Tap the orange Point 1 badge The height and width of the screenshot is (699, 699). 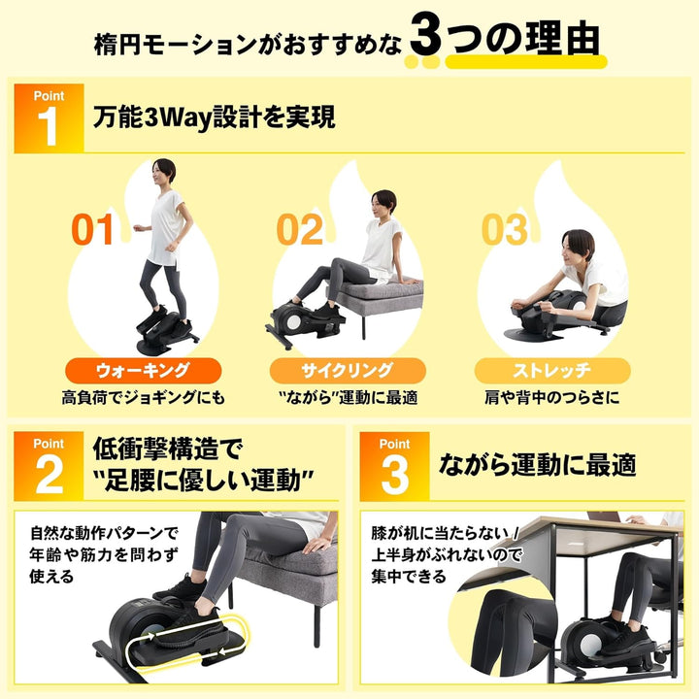pyautogui.click(x=49, y=117)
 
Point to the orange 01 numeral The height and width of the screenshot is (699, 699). pyautogui.click(x=94, y=230)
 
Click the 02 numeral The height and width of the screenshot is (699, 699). pyautogui.click(x=299, y=230)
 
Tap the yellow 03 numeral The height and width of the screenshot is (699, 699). pyautogui.click(x=505, y=230)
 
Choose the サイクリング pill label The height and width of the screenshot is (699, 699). pyautogui.click(x=349, y=370)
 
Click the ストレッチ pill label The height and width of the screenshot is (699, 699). pyautogui.click(x=552, y=370)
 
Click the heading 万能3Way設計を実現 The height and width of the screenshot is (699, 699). pyautogui.click(x=215, y=118)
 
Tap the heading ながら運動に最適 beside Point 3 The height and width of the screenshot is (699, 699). pyautogui.click(x=537, y=465)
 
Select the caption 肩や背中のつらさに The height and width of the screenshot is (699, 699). pyautogui.click(x=552, y=398)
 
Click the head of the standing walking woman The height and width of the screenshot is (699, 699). pyautogui.click(x=164, y=171)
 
